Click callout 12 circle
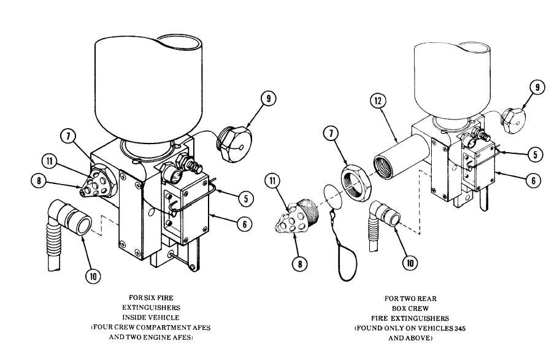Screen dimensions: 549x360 (x=378, y=102)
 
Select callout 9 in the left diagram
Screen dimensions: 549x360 (x=268, y=99)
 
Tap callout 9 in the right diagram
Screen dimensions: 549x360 (x=537, y=88)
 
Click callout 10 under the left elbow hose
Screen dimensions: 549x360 (x=93, y=277)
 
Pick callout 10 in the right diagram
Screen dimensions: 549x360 (x=410, y=263)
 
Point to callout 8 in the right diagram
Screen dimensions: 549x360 (x=300, y=264)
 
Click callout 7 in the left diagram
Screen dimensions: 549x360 (x=68, y=137)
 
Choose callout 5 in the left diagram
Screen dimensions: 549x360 (x=246, y=199)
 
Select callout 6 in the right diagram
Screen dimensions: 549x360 (x=533, y=180)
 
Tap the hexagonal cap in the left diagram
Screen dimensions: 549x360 (x=234, y=145)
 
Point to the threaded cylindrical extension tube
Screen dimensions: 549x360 (x=401, y=157)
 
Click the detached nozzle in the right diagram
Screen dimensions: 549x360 (x=296, y=217)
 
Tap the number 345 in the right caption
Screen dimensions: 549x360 (x=459, y=329)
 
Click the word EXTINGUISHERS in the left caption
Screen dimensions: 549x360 (x=151, y=308)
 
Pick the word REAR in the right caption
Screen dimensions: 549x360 (x=428, y=299)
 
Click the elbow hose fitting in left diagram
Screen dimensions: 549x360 (x=66, y=231)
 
